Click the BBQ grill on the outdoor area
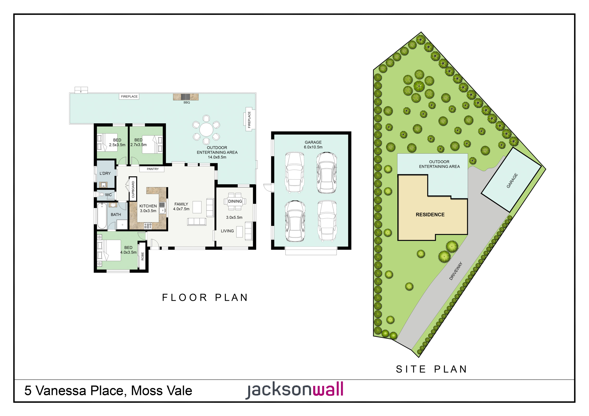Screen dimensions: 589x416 pos(185,97)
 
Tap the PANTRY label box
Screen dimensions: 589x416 pos(153,169)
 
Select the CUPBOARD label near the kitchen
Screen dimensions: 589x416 pos(133,189)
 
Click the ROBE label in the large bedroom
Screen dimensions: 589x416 pos(142,256)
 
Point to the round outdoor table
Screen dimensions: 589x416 pos(206,129)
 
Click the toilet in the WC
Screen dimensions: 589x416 pos(101,194)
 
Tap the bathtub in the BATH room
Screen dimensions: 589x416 pos(102,216)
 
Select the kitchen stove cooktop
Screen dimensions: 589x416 pos(148,226)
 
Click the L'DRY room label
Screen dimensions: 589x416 pos(105,173)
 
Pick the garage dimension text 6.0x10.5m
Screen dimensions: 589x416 pos(313,147)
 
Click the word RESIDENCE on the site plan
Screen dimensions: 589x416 pos(430,214)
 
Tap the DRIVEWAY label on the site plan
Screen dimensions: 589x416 pos(456,271)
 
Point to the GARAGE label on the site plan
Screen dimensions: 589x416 pos(512,180)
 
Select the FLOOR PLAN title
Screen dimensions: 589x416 pos(205,297)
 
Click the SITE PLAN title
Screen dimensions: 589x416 pos(431,369)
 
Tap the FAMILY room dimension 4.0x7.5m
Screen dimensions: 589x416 pos(181,209)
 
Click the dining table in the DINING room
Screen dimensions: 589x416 pos(235,201)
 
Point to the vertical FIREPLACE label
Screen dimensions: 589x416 pos(249,120)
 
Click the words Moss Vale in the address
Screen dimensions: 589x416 pos(161,391)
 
